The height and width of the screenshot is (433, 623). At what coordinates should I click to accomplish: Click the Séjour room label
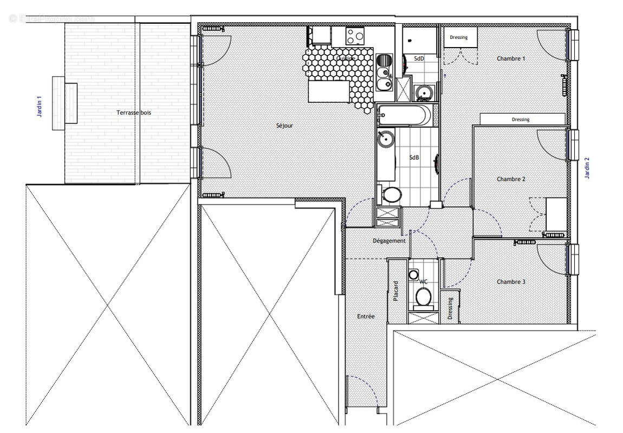(x=284, y=126)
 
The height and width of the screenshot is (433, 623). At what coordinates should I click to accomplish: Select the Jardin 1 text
(x=38, y=107)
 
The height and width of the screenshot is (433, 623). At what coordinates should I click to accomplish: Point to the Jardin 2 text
(x=587, y=168)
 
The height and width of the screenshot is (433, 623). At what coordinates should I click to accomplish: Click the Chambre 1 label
(x=511, y=58)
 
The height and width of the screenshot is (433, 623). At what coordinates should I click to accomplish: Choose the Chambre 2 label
(x=511, y=179)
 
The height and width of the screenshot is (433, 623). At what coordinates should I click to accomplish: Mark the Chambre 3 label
(x=511, y=282)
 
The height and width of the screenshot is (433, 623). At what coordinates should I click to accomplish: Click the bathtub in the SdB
(x=405, y=115)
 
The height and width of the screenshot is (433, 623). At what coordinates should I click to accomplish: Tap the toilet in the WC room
(x=423, y=296)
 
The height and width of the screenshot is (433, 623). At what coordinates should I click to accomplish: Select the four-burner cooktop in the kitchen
(x=355, y=36)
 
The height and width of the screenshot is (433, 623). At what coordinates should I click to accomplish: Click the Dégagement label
(x=389, y=241)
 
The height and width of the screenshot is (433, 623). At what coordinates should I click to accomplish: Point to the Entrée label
(x=366, y=317)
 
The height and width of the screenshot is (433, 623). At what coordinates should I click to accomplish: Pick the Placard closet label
(x=396, y=291)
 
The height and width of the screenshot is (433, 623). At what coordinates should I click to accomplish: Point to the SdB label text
(x=414, y=158)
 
